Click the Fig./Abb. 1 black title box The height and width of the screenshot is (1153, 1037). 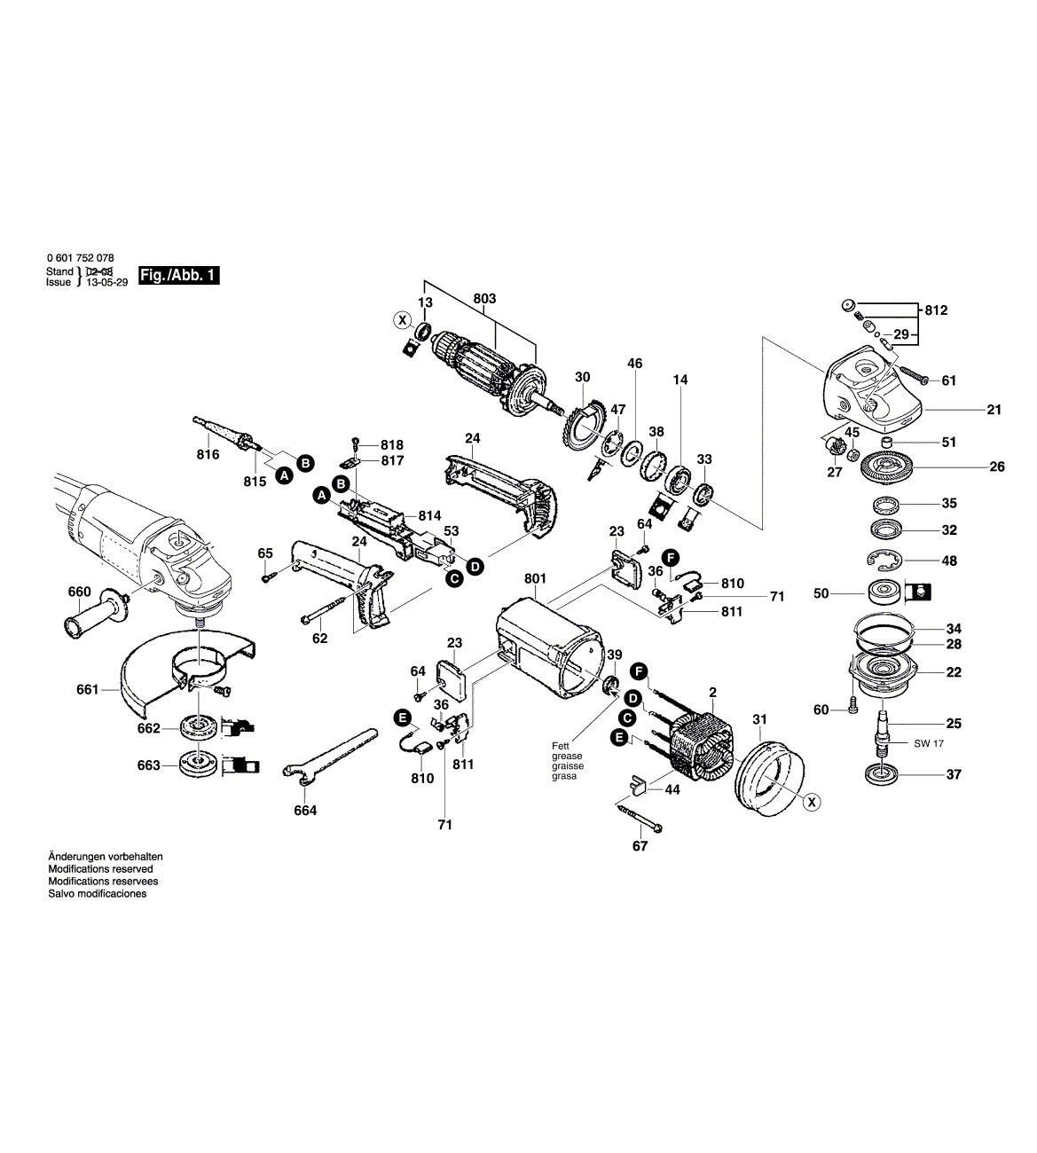178,276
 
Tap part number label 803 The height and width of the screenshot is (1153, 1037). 484,298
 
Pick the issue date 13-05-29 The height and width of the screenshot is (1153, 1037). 106,281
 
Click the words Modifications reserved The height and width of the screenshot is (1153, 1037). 99,869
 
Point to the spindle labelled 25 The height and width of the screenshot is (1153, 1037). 884,719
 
